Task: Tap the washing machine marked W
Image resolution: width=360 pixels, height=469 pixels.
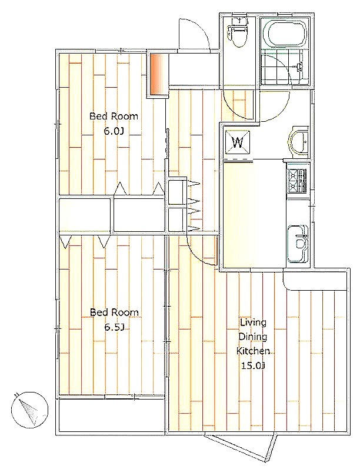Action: [238, 142]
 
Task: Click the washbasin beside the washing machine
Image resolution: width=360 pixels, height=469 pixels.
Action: [298, 141]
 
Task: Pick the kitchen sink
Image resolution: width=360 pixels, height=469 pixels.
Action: [298, 244]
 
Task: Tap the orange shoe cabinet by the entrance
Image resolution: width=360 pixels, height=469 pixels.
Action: [158, 75]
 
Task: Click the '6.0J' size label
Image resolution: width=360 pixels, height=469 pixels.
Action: [114, 131]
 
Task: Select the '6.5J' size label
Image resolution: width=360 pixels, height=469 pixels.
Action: [114, 327]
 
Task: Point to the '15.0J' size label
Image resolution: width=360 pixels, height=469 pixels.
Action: [254, 365]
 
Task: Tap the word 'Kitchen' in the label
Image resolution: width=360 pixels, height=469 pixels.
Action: [254, 351]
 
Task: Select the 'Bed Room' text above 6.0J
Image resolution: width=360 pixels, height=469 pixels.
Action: [114, 116]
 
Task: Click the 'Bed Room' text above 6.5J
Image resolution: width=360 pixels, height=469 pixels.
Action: [114, 312]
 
